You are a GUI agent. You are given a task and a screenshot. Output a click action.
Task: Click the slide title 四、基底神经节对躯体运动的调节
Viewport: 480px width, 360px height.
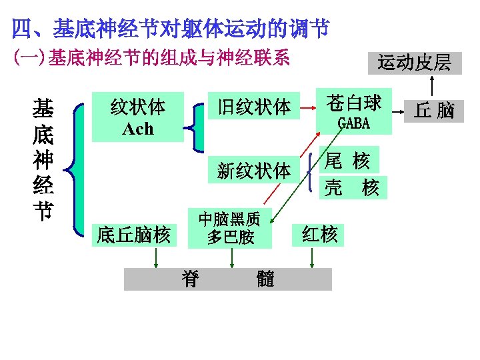coord(171,29)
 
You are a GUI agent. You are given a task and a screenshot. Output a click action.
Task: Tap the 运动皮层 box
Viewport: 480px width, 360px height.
coord(415,63)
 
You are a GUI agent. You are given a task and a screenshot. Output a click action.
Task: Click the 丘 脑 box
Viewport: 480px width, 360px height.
coord(434,110)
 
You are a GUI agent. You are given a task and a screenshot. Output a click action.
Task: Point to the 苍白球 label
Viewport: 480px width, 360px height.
coord(353,103)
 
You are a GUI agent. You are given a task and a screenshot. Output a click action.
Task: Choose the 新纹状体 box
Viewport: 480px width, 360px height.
coord(254,171)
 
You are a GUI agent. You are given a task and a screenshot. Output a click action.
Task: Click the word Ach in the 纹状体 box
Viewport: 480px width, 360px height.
coord(137,128)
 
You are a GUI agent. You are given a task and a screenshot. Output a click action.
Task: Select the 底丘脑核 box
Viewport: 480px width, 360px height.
coord(134,235)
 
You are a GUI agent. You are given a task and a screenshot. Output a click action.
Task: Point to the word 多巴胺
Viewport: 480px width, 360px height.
coord(230,237)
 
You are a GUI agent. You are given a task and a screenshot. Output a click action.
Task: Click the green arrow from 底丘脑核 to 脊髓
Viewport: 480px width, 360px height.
coord(156,257)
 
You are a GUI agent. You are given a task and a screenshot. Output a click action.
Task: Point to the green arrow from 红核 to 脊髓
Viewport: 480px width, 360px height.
coord(311,257)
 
